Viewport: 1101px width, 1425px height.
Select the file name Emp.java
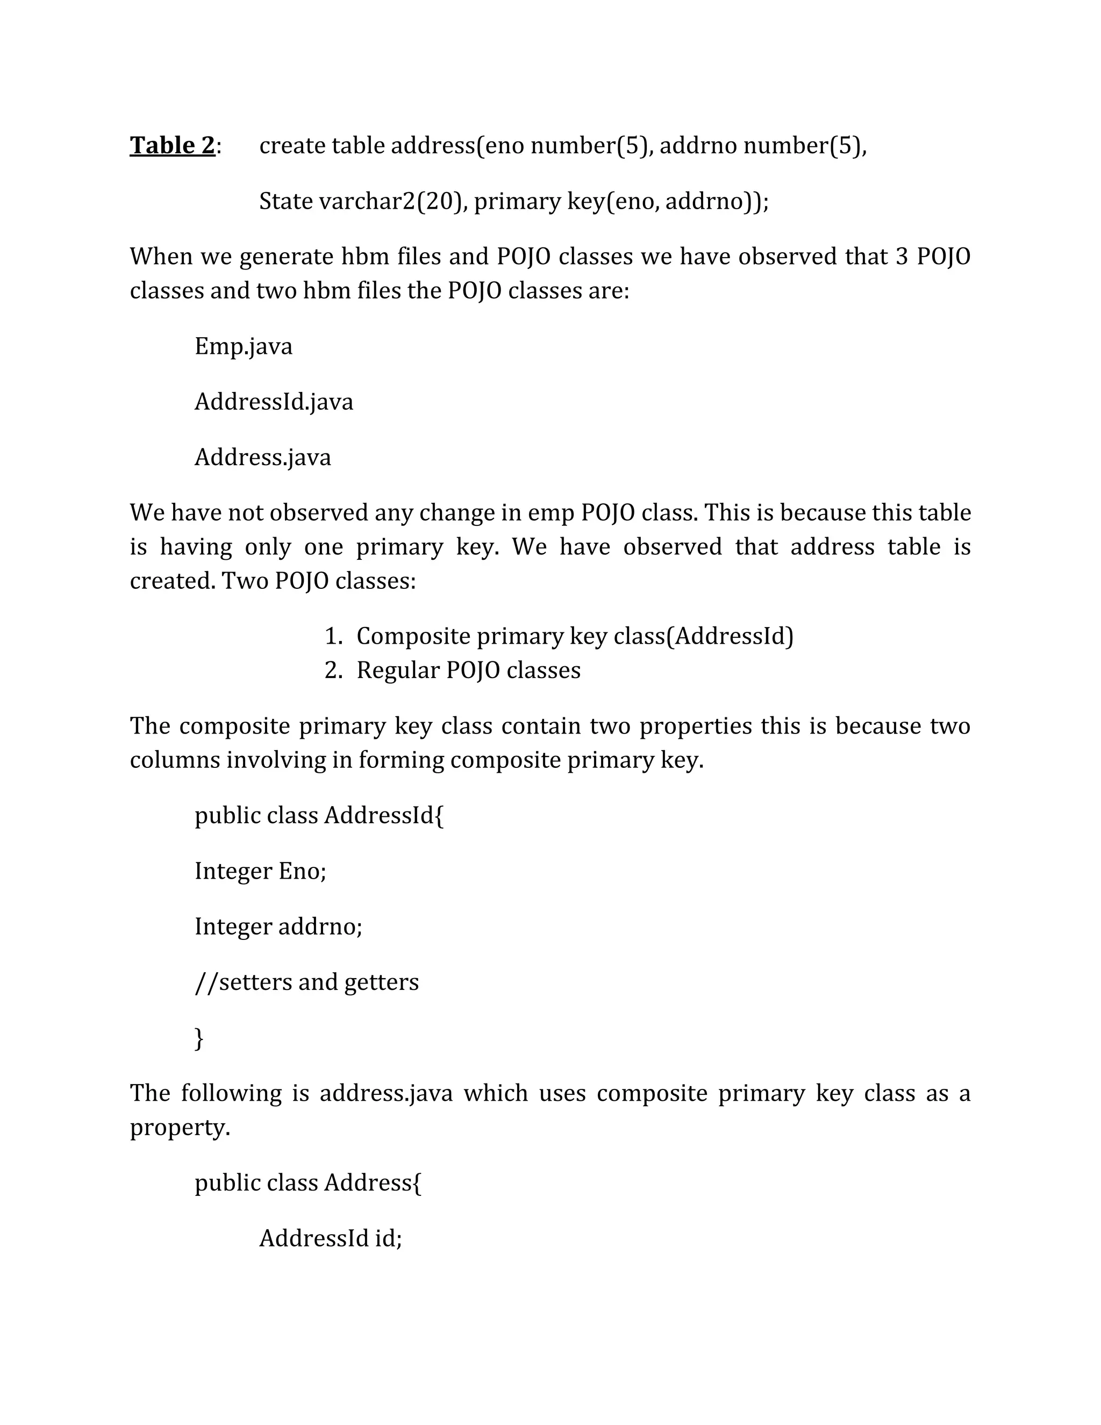[244, 346]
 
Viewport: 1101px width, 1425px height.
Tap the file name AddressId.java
[273, 401]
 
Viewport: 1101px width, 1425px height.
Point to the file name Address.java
[262, 457]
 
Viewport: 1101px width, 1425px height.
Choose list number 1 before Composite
[333, 636]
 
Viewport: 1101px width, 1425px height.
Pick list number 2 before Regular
[333, 670]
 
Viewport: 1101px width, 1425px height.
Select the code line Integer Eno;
[260, 871]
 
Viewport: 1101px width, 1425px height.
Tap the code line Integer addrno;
[278, 927]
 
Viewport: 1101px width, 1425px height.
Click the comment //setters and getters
[306, 982]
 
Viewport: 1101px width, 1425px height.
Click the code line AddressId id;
[331, 1238]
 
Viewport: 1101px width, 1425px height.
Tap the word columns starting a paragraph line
[175, 760]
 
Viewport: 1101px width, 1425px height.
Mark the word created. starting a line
[172, 581]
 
